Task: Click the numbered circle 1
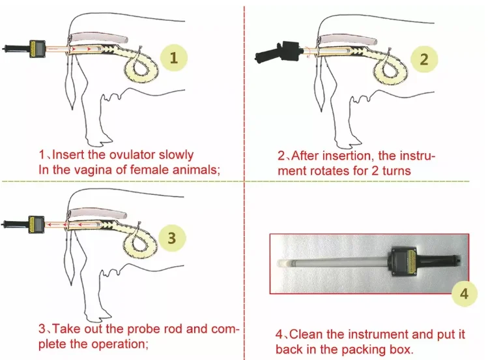click(x=173, y=57)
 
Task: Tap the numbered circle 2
click(x=424, y=59)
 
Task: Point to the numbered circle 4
click(x=464, y=293)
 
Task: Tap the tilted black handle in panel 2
click(x=274, y=54)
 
